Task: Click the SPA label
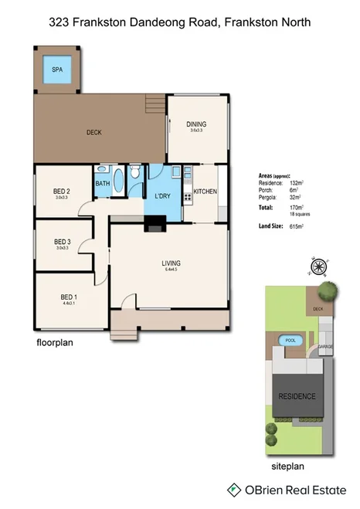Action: pyautogui.click(x=57, y=70)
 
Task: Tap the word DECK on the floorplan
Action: pyautogui.click(x=94, y=133)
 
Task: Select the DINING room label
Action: pyautogui.click(x=196, y=124)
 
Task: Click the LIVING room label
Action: pyautogui.click(x=171, y=264)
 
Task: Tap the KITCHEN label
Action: pyautogui.click(x=205, y=192)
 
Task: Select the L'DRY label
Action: pyautogui.click(x=163, y=196)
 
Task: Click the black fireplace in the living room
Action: pyautogui.click(x=155, y=226)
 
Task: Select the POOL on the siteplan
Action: pyautogui.click(x=290, y=341)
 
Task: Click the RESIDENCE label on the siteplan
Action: pyautogui.click(x=297, y=396)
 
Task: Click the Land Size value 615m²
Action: pyautogui.click(x=296, y=226)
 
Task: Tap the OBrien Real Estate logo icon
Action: pyautogui.click(x=233, y=490)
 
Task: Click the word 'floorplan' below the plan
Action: pyautogui.click(x=55, y=341)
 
